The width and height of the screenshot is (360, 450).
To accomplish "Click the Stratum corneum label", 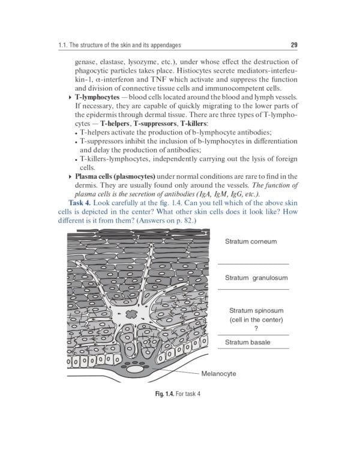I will [x=250, y=242].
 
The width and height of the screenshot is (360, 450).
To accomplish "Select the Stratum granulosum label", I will [x=256, y=278].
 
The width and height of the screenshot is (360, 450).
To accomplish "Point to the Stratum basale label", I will [x=247, y=342].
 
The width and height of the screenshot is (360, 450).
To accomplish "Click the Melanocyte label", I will [x=218, y=373].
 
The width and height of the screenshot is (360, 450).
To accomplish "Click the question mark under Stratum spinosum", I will [x=256, y=328].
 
